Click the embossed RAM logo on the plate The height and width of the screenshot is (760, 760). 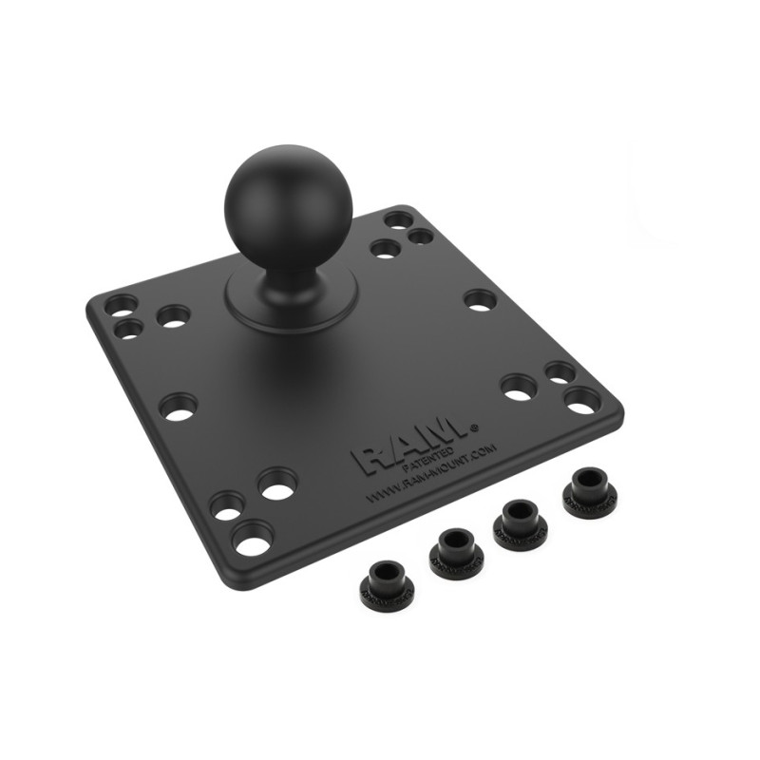409,446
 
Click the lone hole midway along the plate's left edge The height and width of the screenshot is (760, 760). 178,408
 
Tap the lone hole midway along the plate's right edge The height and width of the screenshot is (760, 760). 480,299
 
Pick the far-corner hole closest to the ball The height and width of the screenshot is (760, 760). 385,249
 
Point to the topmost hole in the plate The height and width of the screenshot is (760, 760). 399,220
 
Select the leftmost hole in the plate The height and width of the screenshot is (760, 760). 122,306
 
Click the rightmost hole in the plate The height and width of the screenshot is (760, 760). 581,400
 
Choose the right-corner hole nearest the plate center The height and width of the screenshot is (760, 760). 519,386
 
